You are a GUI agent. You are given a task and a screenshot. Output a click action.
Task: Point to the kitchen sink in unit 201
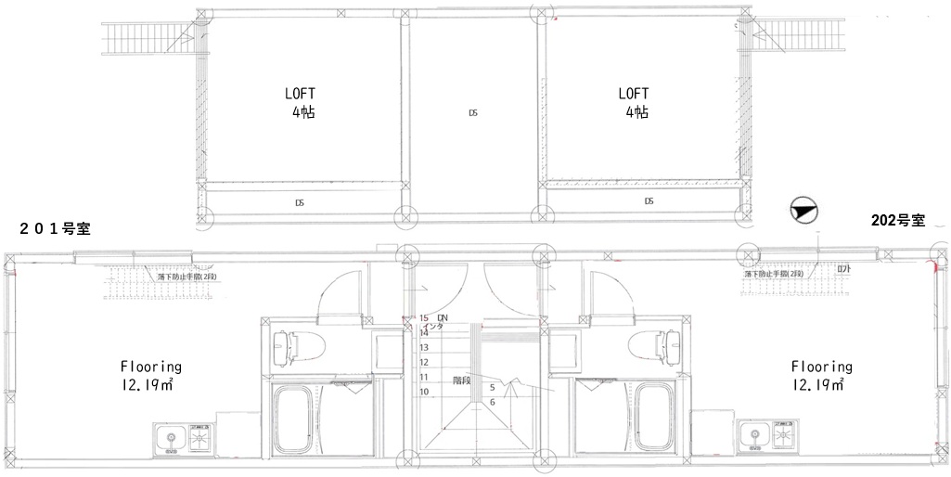(169, 435)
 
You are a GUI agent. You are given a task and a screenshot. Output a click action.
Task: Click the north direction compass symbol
(801, 213)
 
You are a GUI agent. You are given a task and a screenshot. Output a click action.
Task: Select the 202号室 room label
(898, 221)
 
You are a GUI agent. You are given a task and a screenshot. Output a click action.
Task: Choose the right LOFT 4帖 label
(635, 102)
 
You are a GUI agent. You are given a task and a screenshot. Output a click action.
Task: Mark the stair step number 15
(424, 317)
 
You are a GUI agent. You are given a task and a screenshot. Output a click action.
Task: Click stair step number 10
(424, 392)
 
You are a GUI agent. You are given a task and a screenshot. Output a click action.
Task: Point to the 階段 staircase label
(462, 380)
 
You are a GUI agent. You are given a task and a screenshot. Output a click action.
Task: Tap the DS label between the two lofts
(472, 113)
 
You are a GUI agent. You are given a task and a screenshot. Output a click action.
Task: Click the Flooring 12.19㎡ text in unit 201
(150, 374)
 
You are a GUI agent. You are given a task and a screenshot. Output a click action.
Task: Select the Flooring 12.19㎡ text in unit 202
(820, 374)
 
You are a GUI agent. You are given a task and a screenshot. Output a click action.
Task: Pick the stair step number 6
(492, 402)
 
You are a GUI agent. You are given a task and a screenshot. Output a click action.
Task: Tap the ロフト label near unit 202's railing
(842, 269)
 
